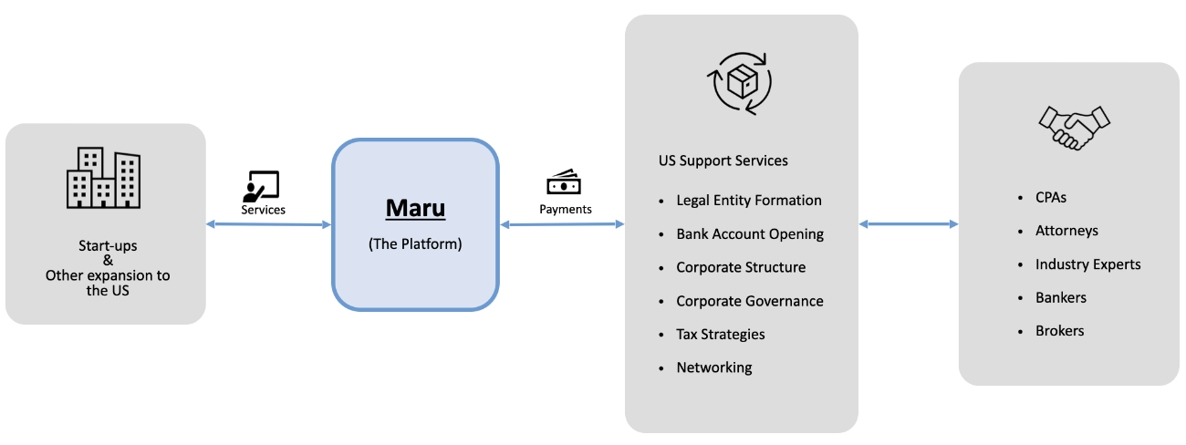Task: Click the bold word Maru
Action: click(x=415, y=208)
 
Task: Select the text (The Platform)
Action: click(x=415, y=244)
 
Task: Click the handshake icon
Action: click(x=1074, y=126)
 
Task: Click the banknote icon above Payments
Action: click(x=564, y=183)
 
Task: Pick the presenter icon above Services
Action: click(x=261, y=186)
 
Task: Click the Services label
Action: click(x=263, y=210)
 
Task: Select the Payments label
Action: click(x=565, y=210)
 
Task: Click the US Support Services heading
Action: click(x=723, y=160)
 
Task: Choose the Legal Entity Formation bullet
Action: click(x=748, y=201)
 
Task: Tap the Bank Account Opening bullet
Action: click(x=749, y=234)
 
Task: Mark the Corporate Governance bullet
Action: click(x=749, y=301)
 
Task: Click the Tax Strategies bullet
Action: click(x=720, y=335)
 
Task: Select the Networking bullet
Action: click(x=713, y=367)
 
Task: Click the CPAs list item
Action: click(x=1050, y=197)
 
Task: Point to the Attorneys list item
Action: click(x=1066, y=231)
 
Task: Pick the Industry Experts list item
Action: click(x=1087, y=264)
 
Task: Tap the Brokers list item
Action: click(x=1059, y=331)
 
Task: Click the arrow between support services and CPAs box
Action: click(x=908, y=223)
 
